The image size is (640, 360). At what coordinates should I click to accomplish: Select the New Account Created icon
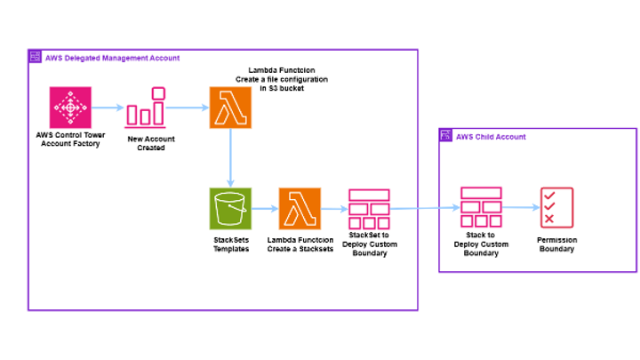[146, 108]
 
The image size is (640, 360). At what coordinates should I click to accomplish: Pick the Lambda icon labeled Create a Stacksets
[300, 209]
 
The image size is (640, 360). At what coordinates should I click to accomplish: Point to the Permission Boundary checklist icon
[556, 209]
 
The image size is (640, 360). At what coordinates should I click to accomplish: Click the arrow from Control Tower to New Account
[108, 108]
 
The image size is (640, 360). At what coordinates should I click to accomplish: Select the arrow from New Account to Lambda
[187, 108]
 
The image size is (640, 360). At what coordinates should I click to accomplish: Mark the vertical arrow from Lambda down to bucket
[230, 157]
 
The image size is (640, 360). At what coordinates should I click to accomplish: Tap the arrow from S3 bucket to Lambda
[265, 209]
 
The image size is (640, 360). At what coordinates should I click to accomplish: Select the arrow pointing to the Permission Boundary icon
[520, 209]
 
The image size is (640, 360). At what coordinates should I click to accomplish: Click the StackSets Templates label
[230, 245]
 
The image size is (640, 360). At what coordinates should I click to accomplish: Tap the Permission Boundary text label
[556, 244]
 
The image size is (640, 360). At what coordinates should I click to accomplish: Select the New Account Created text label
[146, 143]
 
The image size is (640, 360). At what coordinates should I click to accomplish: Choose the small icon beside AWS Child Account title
[446, 136]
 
